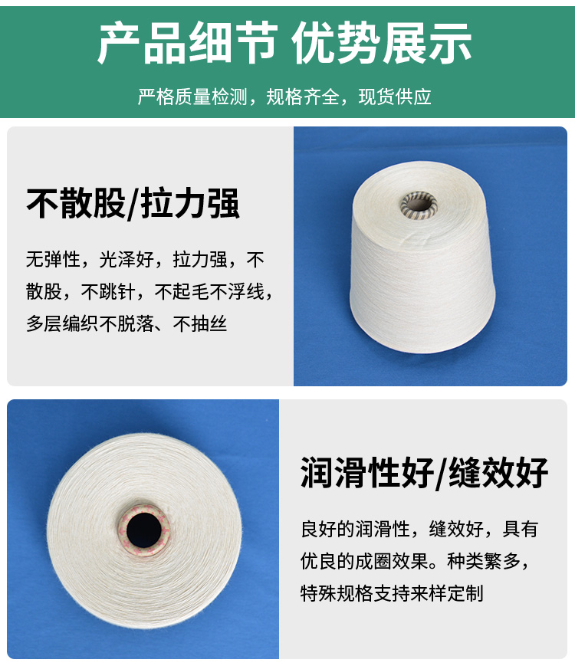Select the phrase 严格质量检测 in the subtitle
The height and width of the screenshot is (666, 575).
[192, 97]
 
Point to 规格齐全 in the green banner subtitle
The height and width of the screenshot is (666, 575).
[303, 97]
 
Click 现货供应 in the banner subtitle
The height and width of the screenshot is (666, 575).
[395, 97]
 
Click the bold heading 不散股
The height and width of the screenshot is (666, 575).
[76, 203]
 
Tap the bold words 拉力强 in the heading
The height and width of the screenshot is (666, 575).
[190, 203]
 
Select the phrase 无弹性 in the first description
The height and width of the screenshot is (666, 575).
[53, 259]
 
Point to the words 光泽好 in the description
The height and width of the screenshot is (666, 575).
[127, 259]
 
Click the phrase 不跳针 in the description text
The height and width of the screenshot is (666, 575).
[108, 291]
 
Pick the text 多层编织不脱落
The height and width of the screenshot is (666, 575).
[90, 323]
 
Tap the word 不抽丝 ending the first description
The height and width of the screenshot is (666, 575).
[200, 323]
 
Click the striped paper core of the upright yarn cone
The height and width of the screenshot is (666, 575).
[419, 205]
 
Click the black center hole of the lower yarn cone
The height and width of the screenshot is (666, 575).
[144, 530]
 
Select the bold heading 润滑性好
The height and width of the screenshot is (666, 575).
[367, 473]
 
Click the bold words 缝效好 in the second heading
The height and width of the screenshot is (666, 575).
[498, 473]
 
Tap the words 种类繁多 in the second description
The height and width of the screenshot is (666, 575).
[484, 561]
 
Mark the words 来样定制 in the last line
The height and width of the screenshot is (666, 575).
[447, 593]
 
